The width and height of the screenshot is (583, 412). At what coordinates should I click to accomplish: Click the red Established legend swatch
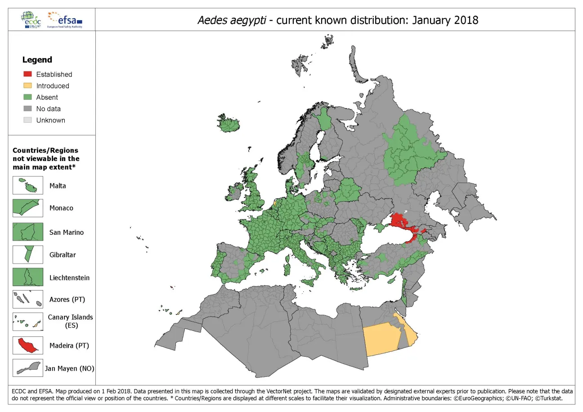click(x=27, y=74)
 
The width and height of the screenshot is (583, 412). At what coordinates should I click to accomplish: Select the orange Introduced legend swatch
click(x=27, y=86)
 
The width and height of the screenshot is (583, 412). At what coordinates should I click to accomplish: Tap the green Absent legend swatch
click(x=27, y=97)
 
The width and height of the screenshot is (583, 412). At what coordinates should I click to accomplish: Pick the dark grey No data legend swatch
click(x=27, y=109)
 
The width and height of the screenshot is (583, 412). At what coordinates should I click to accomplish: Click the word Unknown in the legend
click(x=50, y=120)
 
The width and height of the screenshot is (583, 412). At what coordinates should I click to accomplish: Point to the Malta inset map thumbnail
click(x=28, y=186)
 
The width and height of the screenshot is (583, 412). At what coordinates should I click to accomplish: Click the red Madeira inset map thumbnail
click(x=28, y=345)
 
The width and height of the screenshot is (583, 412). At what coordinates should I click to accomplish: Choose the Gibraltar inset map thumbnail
click(x=28, y=255)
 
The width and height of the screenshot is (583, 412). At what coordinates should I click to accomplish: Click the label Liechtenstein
click(x=69, y=278)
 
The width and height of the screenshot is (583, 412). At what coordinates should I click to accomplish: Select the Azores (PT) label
click(x=67, y=300)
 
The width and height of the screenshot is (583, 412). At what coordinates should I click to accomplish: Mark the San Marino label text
click(x=67, y=232)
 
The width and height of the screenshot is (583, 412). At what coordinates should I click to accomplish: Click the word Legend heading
click(x=37, y=60)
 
